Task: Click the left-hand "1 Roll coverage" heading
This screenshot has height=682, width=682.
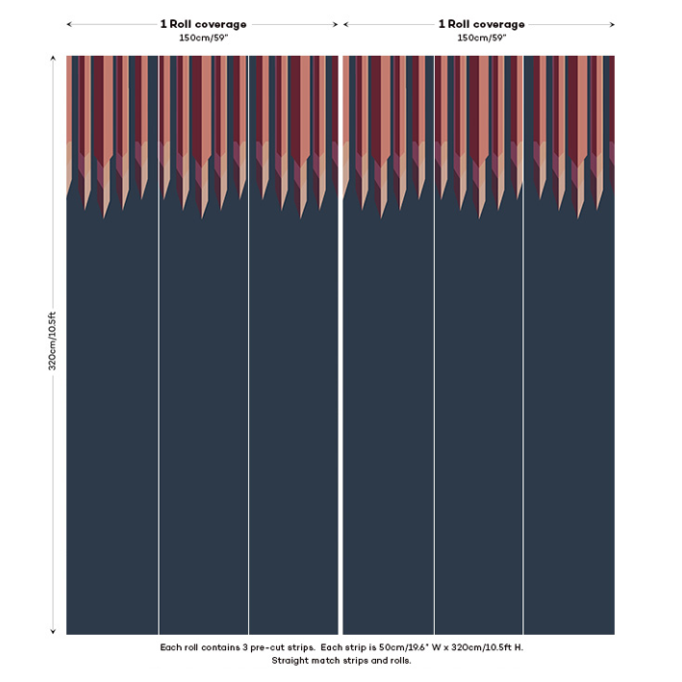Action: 203,24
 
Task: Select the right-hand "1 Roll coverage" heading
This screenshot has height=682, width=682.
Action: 481,24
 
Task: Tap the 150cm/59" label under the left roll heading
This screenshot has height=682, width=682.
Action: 203,38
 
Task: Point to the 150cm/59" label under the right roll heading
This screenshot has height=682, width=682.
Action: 481,38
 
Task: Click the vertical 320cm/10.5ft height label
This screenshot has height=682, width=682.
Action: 53,341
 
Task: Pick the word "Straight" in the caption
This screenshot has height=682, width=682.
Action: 291,661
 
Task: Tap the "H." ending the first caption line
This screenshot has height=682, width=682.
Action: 518,647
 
